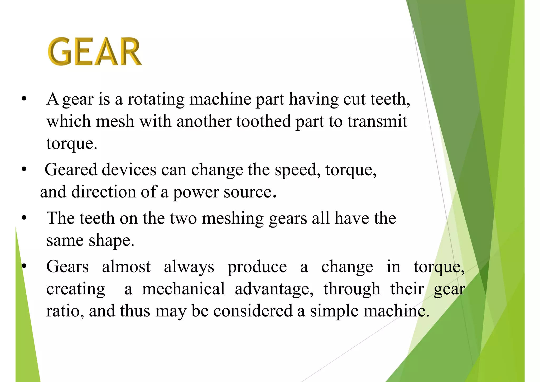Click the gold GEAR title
pyautogui.click(x=95, y=51)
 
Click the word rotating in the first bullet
pyautogui.click(x=156, y=99)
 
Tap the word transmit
pyautogui.click(x=377, y=121)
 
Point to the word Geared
pyautogui.click(x=71, y=169)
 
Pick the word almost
pyautogui.click(x=126, y=267)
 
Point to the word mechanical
pyautogui.click(x=184, y=289)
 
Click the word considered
pyautogui.click(x=253, y=311)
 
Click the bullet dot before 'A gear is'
pyautogui.click(x=24, y=99)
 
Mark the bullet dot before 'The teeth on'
pyautogui.click(x=24, y=218)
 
